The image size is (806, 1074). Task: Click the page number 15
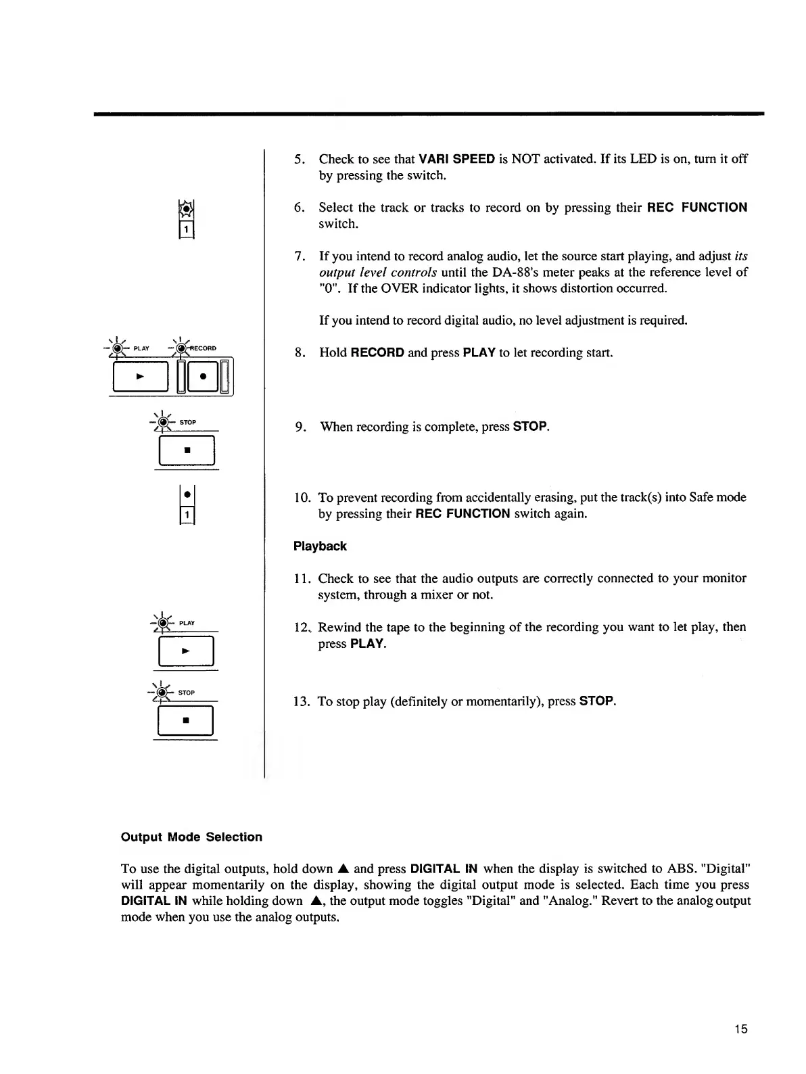(x=741, y=1029)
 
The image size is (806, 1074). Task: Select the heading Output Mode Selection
(x=191, y=837)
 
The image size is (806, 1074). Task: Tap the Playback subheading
(x=320, y=546)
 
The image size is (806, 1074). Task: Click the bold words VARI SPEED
(x=457, y=159)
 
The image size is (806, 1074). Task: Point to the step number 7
(x=298, y=256)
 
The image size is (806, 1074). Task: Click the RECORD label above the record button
(x=202, y=348)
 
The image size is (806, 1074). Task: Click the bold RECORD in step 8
(x=378, y=352)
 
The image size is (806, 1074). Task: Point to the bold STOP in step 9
(x=529, y=427)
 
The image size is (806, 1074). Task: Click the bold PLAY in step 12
(x=367, y=643)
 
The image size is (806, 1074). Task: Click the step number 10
(x=302, y=498)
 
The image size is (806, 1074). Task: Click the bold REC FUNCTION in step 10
(x=463, y=514)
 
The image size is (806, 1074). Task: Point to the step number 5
(x=298, y=160)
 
